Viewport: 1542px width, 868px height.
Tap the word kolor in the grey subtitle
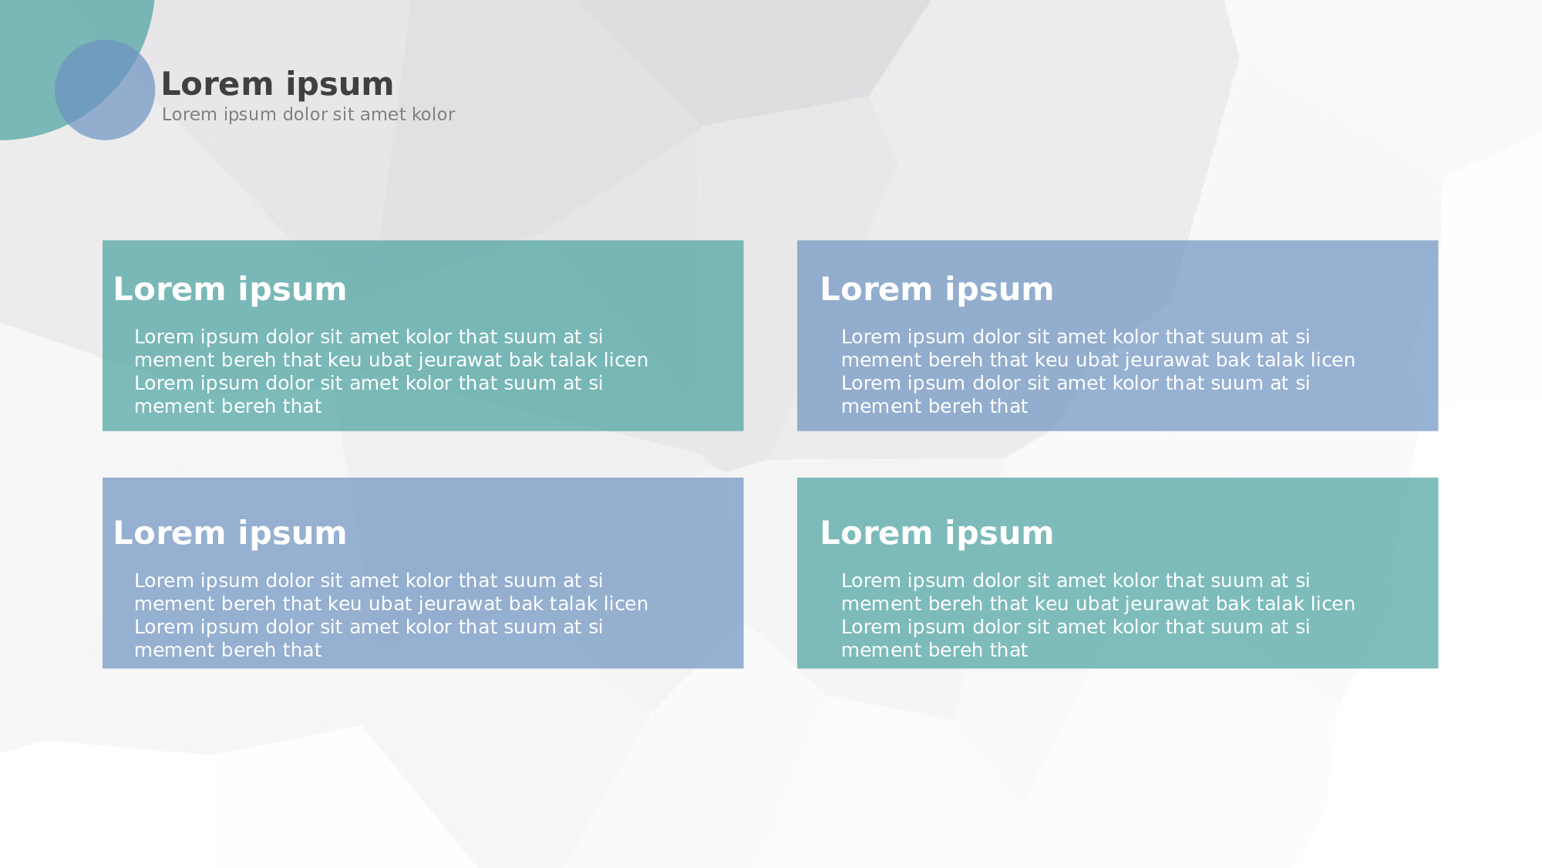point(433,114)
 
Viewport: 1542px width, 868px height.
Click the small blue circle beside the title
point(105,90)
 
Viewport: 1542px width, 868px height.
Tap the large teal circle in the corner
point(46,46)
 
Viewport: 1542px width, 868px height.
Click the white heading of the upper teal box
point(230,289)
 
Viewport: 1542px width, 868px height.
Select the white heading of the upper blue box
point(937,289)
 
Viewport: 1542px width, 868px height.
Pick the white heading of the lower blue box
point(230,533)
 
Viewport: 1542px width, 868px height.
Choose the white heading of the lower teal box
point(937,533)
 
